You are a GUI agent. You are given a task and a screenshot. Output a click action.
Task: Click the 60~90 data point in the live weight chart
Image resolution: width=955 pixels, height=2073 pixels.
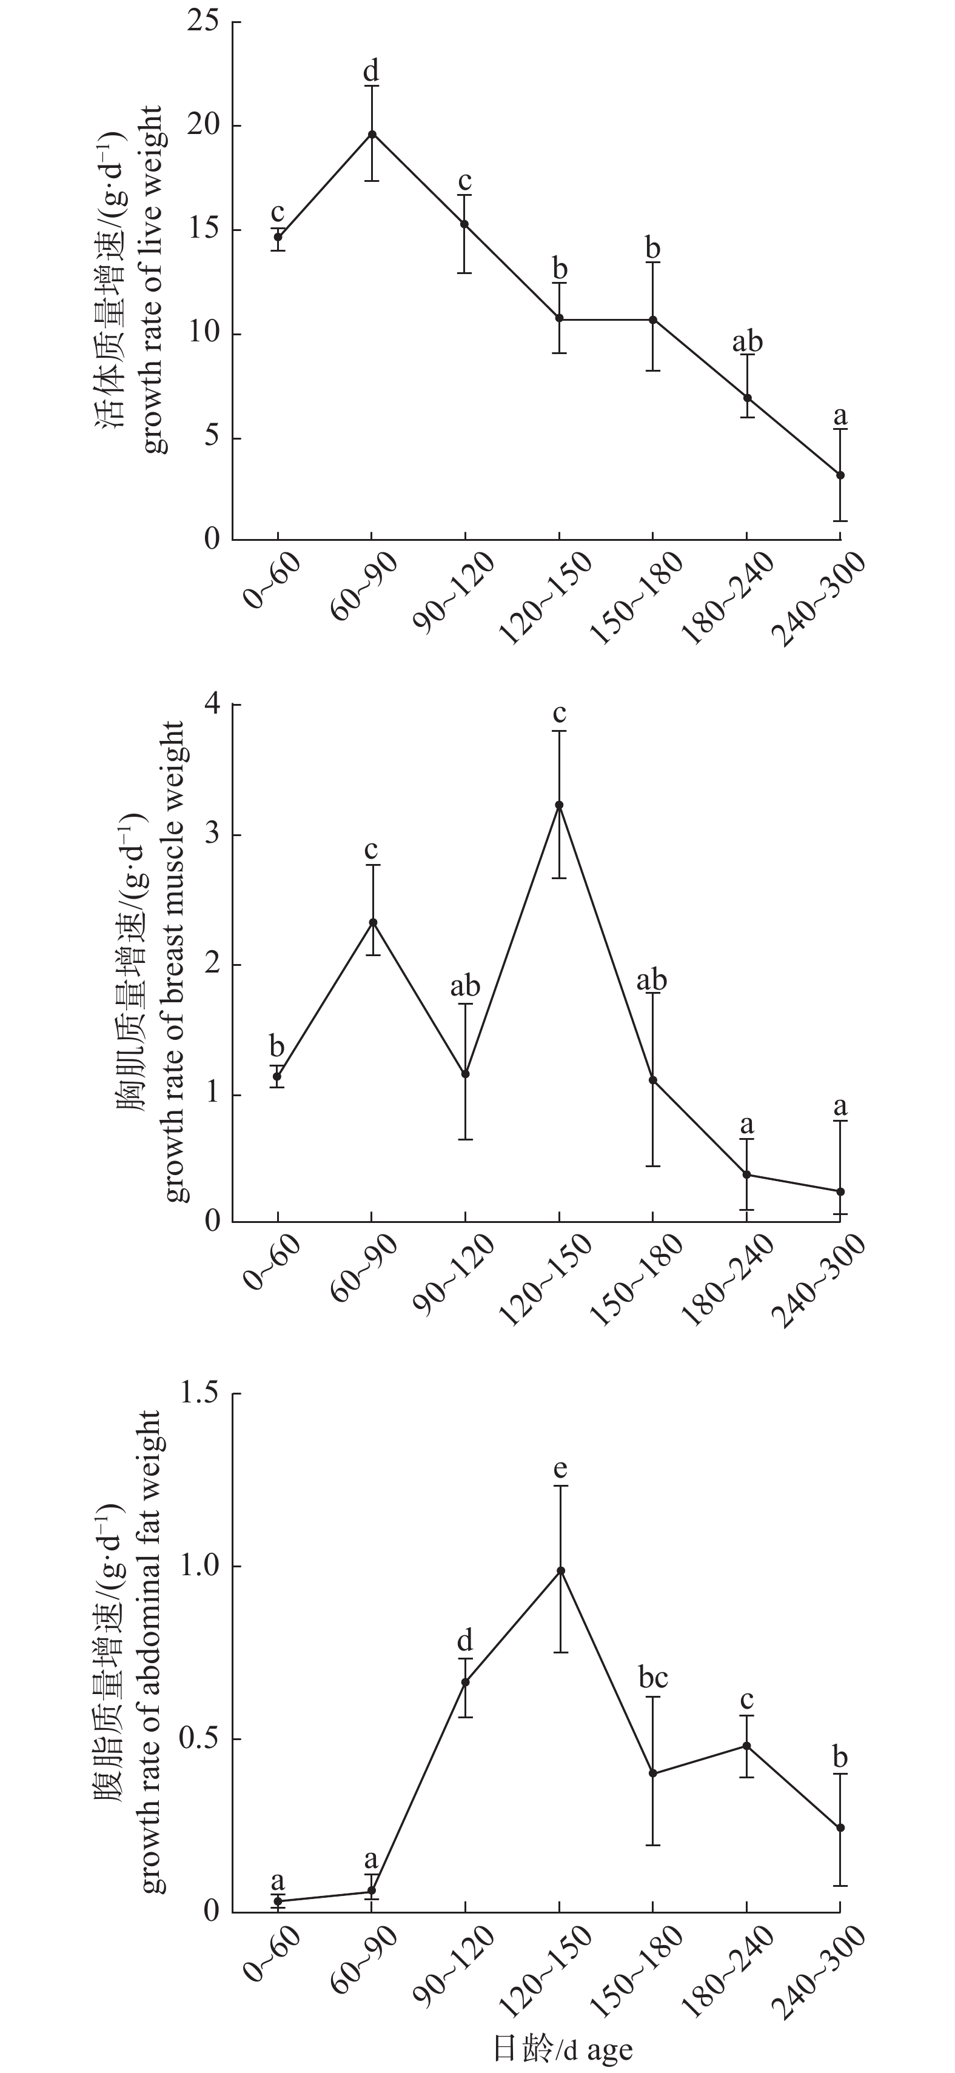coord(372,135)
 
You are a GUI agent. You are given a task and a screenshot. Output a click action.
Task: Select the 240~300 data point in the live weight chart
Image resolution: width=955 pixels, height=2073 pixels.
coord(840,475)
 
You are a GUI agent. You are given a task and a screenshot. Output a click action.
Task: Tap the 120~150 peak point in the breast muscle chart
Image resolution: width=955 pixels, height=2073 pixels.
coord(559,805)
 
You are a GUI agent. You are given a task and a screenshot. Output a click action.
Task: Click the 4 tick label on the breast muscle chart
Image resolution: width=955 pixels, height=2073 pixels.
coord(212,705)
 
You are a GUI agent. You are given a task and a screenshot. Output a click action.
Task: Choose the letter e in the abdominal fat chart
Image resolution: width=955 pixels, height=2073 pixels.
coord(561,1470)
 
